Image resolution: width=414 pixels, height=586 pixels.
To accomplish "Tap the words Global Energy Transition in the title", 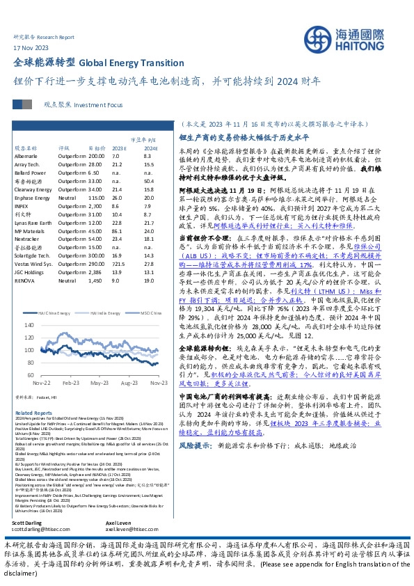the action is (127, 62).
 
